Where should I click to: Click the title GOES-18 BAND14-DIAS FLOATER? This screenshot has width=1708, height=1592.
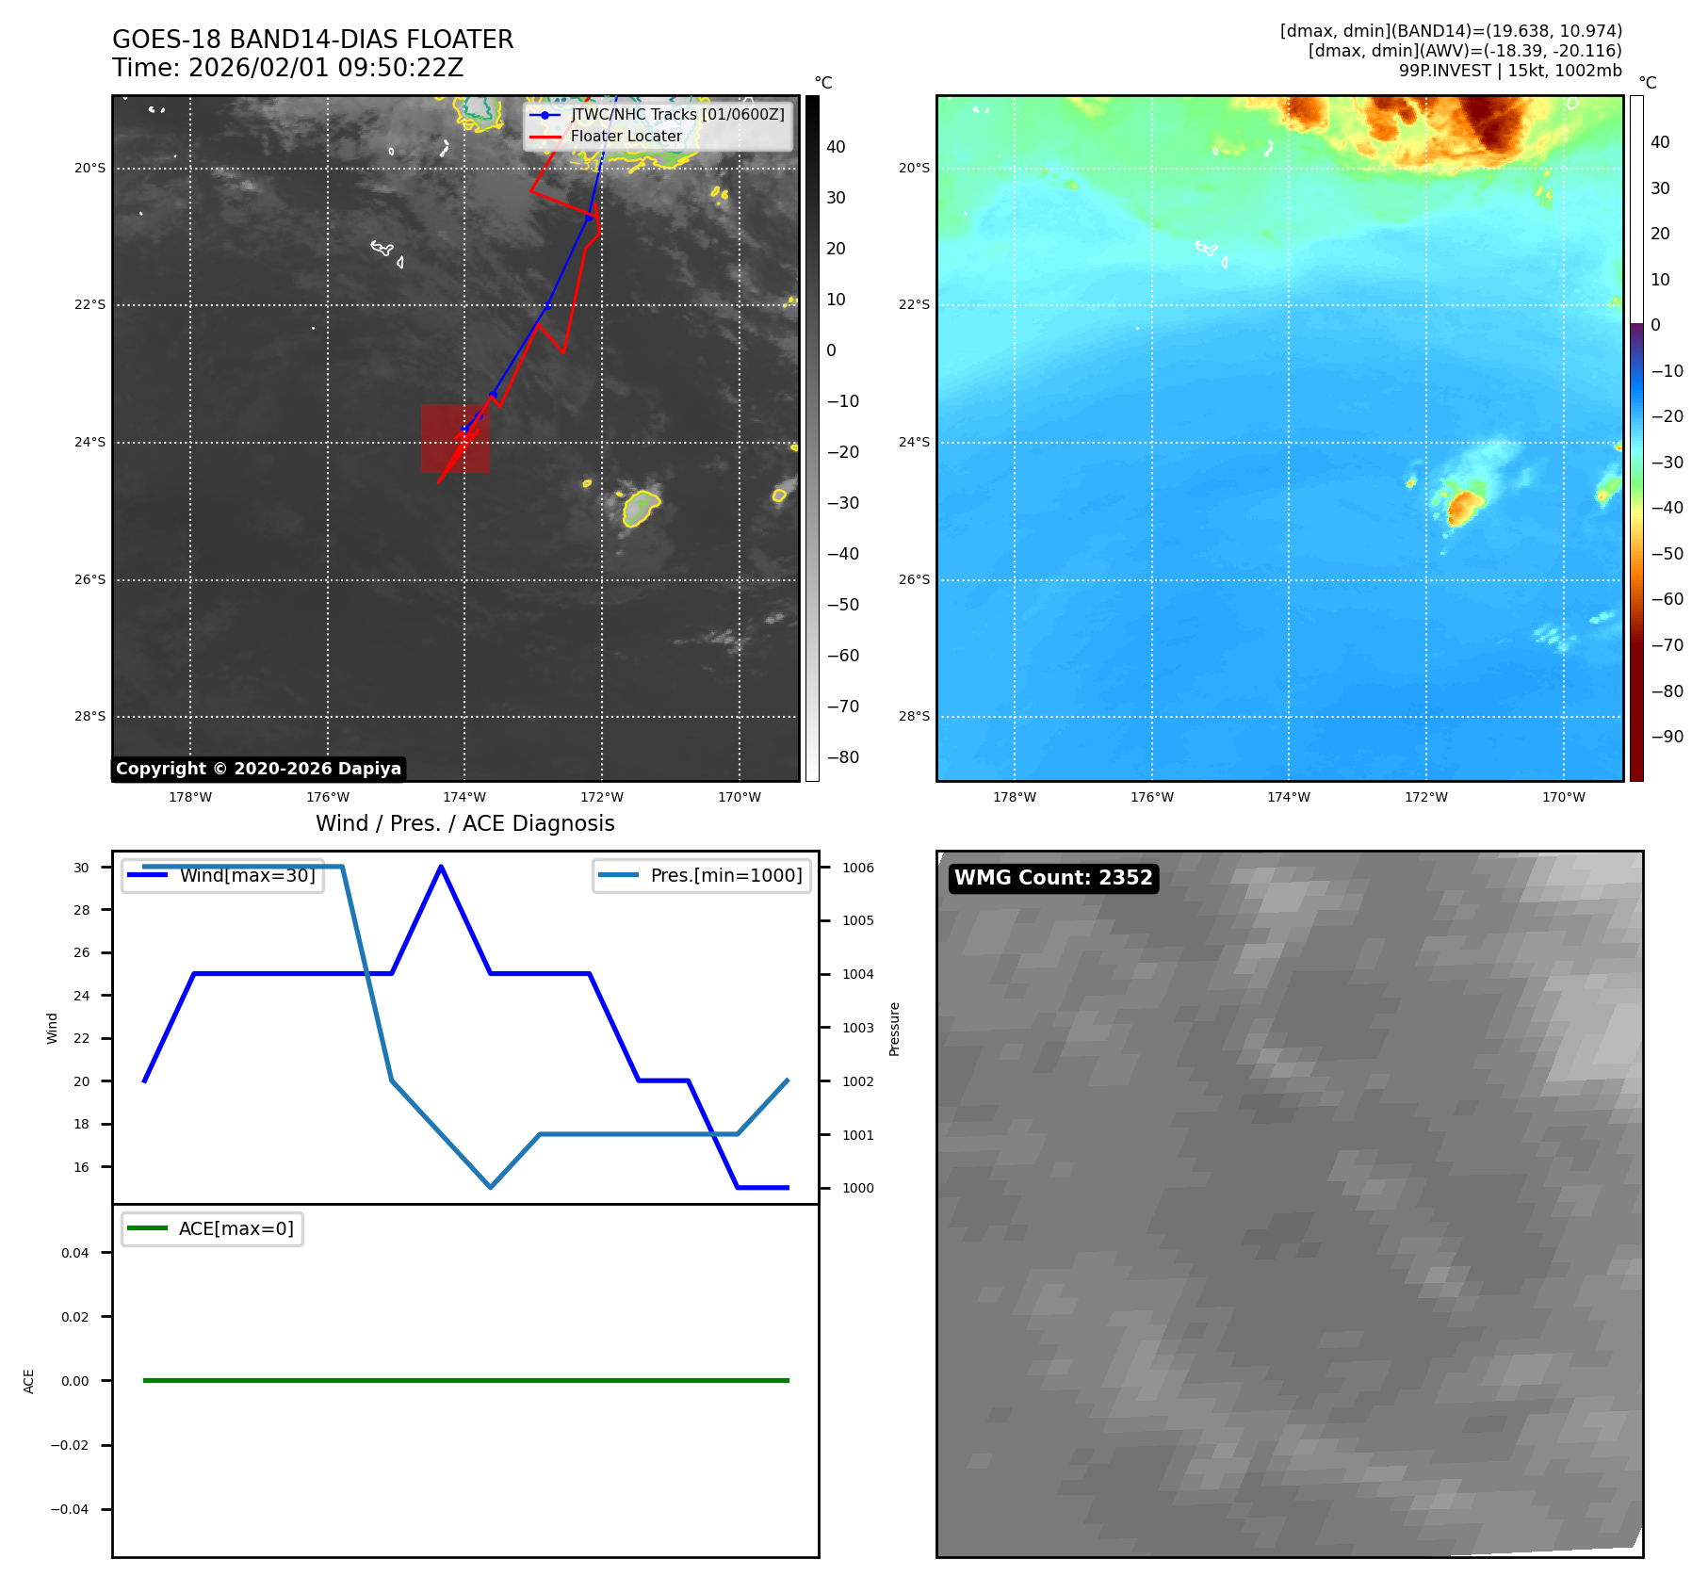point(313,40)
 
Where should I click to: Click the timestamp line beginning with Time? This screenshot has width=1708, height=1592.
point(287,68)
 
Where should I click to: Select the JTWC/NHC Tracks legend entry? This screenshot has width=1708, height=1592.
point(676,114)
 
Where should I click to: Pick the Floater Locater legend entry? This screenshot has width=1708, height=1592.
point(626,136)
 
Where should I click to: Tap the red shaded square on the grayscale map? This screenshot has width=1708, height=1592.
point(455,439)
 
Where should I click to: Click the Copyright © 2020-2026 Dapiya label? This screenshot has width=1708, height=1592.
point(258,769)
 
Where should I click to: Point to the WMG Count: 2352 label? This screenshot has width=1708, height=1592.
point(1053,878)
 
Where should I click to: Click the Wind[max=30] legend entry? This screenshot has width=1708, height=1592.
point(247,875)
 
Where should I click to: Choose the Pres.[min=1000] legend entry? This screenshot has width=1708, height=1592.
point(725,875)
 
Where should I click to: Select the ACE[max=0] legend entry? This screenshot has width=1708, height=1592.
point(236,1228)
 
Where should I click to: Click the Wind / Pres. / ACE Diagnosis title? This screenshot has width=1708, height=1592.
point(464,823)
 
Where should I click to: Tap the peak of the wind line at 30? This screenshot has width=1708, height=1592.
point(441,867)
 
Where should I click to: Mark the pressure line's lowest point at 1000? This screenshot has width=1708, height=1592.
point(490,1187)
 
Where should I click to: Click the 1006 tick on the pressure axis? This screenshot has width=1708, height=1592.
point(857,868)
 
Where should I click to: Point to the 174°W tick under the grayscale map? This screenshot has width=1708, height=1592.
point(464,797)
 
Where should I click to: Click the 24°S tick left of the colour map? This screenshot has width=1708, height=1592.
point(913,442)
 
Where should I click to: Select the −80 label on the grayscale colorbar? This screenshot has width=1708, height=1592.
point(842,757)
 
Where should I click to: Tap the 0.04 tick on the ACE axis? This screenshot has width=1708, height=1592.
point(75,1253)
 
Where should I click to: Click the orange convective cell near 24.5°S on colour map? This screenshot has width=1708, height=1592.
point(1463,506)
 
